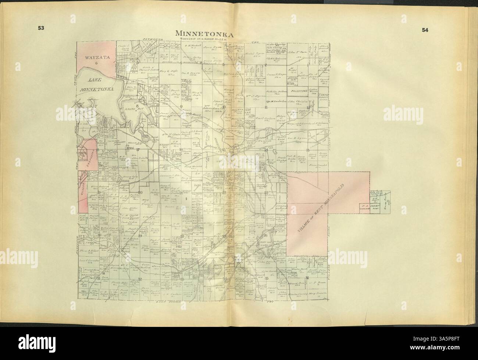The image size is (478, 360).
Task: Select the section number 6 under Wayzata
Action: point(96,63)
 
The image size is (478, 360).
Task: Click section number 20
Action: point(140,192)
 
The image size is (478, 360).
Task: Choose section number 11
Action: point(265,107)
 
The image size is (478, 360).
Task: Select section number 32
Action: point(140,279)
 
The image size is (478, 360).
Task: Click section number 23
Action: point(266,192)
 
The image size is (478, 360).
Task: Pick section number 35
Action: point(266,278)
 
